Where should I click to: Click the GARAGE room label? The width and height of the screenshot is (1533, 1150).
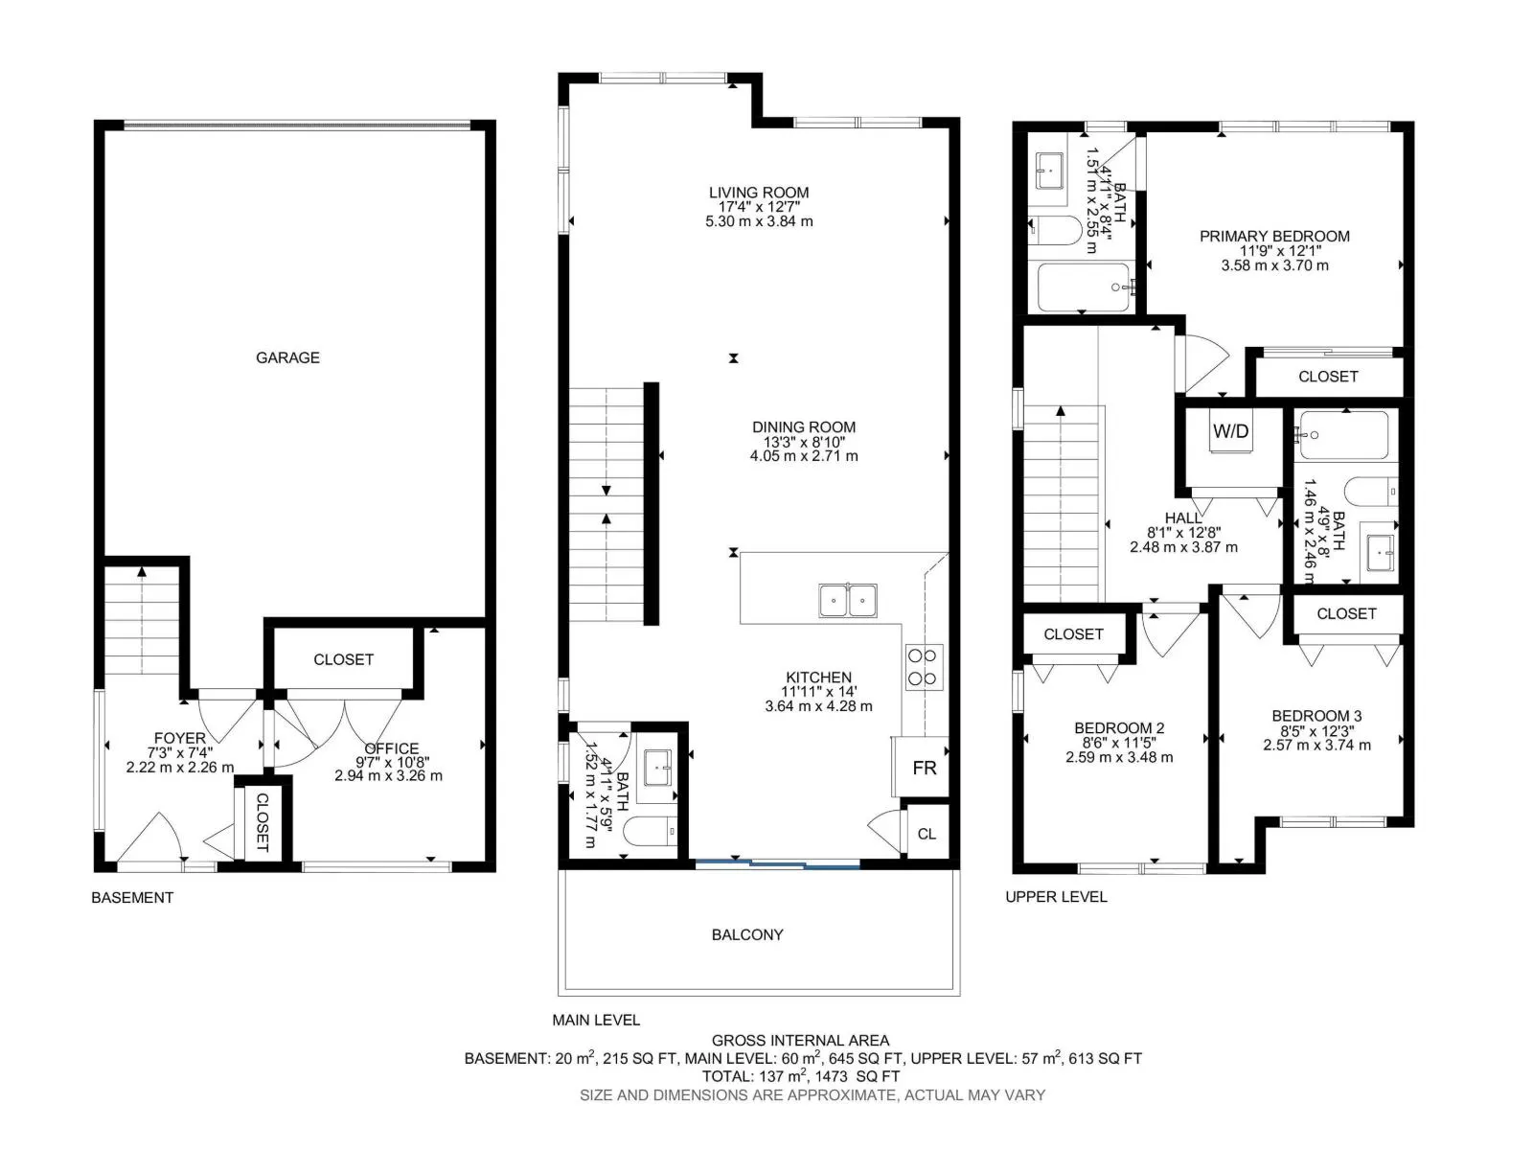287,357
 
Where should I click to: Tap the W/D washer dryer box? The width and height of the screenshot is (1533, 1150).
1230,431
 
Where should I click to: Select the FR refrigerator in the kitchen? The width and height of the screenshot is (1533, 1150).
921,766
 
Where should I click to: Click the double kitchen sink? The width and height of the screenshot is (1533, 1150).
848,600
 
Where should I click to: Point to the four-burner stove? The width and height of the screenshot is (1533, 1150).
924,667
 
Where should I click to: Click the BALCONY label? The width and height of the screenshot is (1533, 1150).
747,934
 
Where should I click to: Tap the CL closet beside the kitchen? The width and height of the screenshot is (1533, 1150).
927,834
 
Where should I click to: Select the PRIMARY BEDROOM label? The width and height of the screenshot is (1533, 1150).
1274,236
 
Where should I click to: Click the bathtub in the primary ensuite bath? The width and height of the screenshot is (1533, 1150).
1084,287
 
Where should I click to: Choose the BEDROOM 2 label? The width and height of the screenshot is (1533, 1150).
1119,727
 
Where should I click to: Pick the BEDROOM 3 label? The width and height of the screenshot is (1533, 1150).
1316,716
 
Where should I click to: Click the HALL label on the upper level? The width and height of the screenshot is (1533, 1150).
1183,517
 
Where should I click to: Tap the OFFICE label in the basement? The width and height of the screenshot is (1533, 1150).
392,748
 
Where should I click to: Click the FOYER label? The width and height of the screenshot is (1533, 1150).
179,738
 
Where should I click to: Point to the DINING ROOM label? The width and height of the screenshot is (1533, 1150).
804,426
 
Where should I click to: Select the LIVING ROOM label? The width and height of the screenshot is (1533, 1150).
759,192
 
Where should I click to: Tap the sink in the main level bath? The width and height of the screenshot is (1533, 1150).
656,768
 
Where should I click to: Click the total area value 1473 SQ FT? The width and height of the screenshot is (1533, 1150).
857,1076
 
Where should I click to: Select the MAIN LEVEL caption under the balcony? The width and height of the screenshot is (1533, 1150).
596,1020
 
